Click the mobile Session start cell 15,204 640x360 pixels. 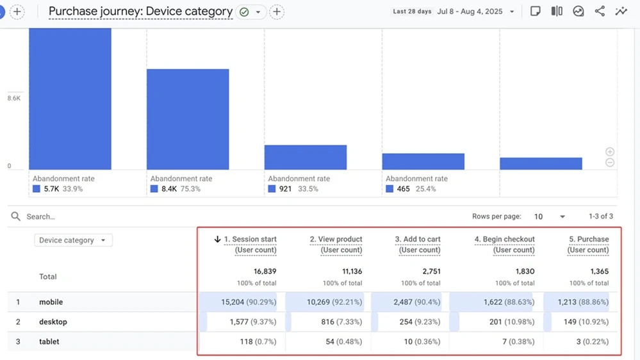tap(249, 302)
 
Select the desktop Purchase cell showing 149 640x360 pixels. tap(586, 322)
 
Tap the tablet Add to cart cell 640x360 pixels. tap(422, 341)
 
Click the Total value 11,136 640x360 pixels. tap(352, 272)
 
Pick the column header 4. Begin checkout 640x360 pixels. tap(504, 244)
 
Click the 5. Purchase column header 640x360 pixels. tap(588, 244)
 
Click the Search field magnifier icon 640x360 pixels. tap(15, 217)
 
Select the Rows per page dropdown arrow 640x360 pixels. tap(562, 217)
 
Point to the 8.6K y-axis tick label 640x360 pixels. tap(13, 98)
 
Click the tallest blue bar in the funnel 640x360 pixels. tap(70, 99)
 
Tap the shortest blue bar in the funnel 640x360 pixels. tap(541, 164)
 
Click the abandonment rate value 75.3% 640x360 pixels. tap(190, 189)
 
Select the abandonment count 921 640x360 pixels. tap(285, 189)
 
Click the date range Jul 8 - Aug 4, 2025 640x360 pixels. tap(470, 12)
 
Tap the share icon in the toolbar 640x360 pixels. tap(600, 12)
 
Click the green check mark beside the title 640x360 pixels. tap(244, 12)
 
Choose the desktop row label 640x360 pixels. tap(53, 322)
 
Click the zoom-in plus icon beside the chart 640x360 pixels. tap(610, 151)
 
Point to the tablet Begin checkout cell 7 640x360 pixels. tap(518, 341)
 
